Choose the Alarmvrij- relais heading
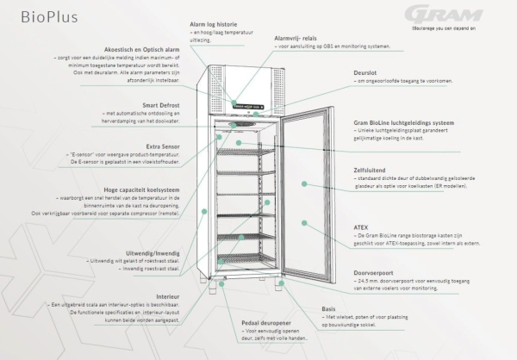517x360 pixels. tap(302, 38)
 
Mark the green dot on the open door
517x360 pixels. tap(304, 222)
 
